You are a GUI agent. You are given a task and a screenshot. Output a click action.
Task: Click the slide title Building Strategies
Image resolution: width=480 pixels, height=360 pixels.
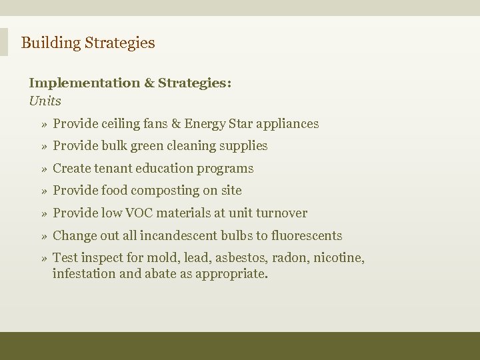click(x=88, y=43)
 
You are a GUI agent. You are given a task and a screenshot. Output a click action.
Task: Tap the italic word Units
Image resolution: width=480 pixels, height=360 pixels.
click(x=45, y=101)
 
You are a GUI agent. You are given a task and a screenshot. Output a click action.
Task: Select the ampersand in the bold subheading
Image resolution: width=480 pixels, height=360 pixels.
click(x=149, y=83)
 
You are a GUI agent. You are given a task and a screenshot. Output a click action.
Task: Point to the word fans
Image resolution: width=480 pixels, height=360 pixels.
click(x=154, y=124)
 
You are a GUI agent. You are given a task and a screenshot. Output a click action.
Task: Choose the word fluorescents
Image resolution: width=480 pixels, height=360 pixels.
click(x=306, y=236)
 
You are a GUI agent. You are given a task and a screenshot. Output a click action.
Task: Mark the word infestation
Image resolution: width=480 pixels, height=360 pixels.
click(x=84, y=273)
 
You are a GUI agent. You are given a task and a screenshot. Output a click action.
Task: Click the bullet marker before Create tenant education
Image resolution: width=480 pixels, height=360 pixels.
click(x=43, y=169)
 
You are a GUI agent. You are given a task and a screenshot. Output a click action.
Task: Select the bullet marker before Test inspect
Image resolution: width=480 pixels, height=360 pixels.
click(x=43, y=259)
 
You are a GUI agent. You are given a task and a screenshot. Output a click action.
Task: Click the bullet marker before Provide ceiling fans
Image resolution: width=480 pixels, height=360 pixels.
click(x=43, y=125)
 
